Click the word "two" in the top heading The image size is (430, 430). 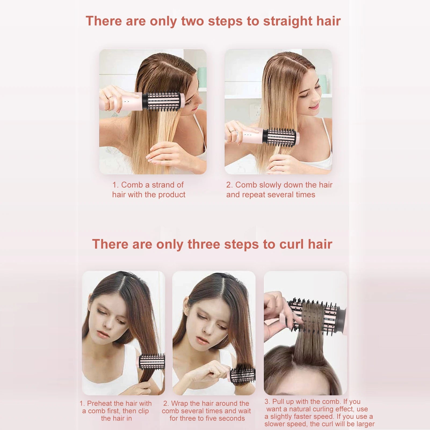tap(193, 21)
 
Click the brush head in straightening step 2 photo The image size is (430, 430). tap(281, 137)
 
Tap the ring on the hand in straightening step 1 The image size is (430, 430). tap(110, 97)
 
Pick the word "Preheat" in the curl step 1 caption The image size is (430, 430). tap(99, 403)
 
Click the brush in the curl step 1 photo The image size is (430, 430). tap(152, 362)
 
